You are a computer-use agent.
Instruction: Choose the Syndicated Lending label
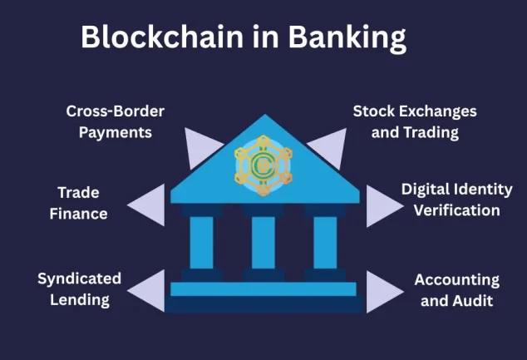pos(80,288)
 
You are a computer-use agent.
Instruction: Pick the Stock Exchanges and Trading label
pos(415,121)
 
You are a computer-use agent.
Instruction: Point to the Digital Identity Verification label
pos(451,200)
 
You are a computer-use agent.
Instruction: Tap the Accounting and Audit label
pos(456,290)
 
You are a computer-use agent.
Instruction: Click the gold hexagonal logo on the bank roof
pos(263,165)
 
